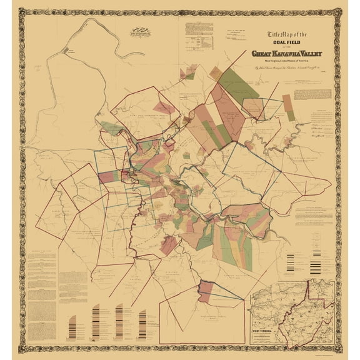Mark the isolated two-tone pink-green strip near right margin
click(287, 103)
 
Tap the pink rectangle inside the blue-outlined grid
click(106, 177)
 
